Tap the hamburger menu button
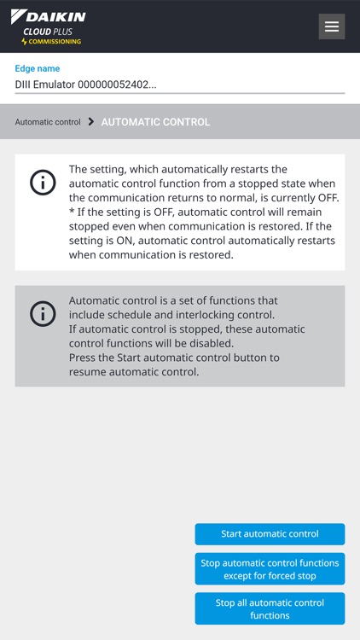(332, 26)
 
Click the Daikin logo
(49, 16)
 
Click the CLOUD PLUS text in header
(48, 31)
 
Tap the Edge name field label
(38, 68)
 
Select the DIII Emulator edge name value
(86, 84)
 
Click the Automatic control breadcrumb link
(48, 122)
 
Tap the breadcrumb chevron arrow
(91, 122)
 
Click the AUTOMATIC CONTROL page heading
(155, 122)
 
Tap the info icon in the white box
(43, 183)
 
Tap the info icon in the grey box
(43, 314)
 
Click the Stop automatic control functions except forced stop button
(270, 569)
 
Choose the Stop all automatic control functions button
(270, 608)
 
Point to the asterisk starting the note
(72, 212)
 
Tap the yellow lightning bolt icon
(25, 41)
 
